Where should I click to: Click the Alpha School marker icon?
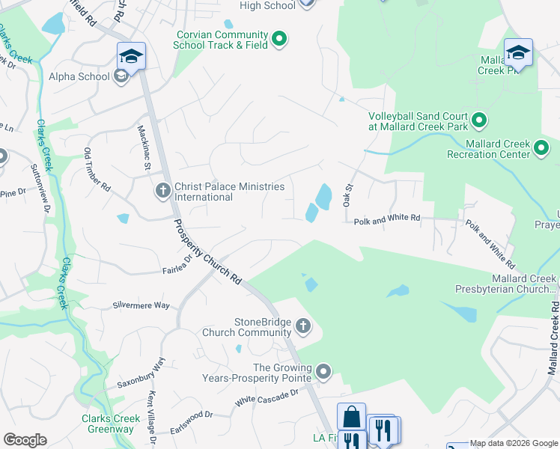[x=121, y=76]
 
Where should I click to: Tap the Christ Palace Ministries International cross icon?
[x=162, y=192]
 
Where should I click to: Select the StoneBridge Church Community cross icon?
[x=303, y=326]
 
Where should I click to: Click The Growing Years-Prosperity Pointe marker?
[x=323, y=371]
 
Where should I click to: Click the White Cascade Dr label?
[x=267, y=397]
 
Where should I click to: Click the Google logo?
[x=25, y=440]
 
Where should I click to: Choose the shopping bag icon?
[x=351, y=418]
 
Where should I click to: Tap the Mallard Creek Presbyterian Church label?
[x=506, y=284]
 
